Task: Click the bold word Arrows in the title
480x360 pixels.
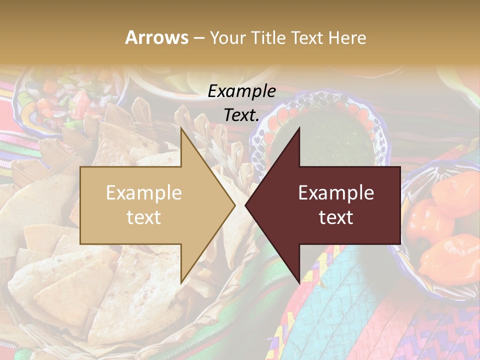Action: click(x=156, y=37)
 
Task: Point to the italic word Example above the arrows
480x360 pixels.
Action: click(x=241, y=91)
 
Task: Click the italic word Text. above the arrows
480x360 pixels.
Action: click(x=241, y=115)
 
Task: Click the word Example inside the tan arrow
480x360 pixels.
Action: click(x=144, y=193)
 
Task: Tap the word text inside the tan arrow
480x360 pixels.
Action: click(x=144, y=217)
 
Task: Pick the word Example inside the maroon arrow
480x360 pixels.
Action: click(x=336, y=193)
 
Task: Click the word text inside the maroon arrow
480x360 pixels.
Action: click(x=336, y=217)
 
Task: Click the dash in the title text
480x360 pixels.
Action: click(x=199, y=38)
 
